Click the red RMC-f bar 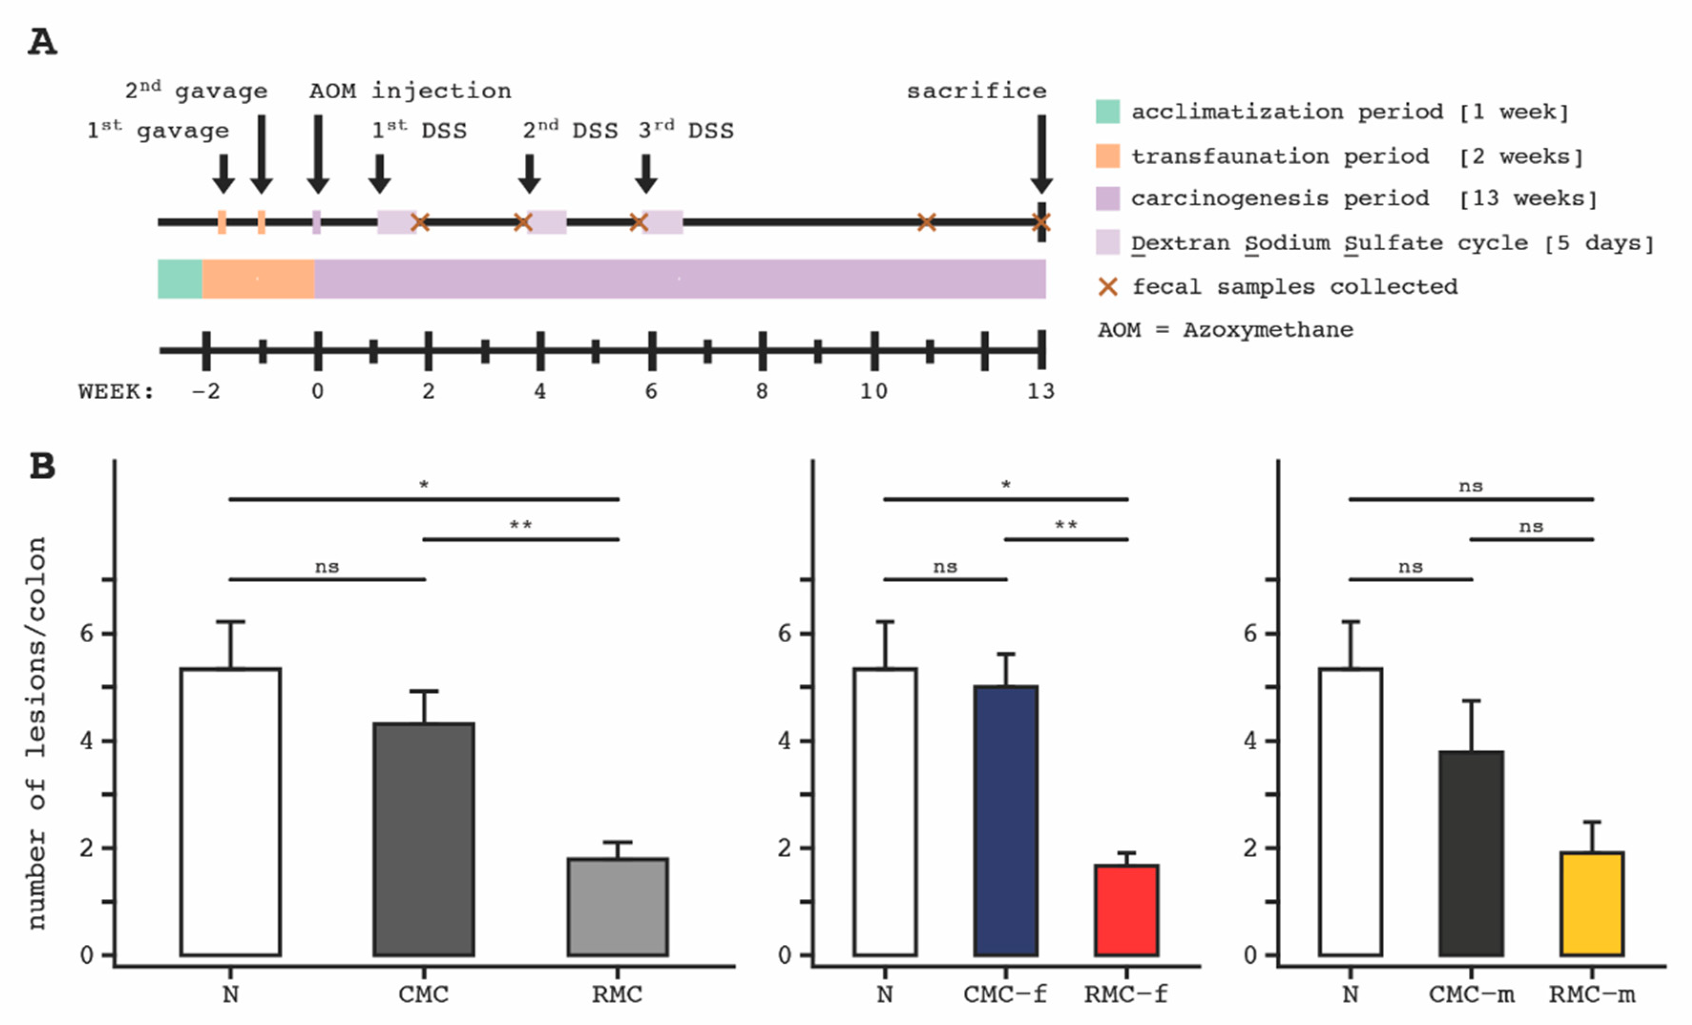[x=1126, y=910]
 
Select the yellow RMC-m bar [x=1592, y=903]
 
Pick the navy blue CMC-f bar [x=1005, y=820]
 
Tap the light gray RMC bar [x=617, y=906]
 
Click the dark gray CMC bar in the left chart [x=424, y=839]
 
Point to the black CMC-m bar [x=1471, y=853]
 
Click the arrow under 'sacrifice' [x=1041, y=155]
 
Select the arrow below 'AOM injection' [x=318, y=155]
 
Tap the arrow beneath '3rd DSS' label [x=646, y=174]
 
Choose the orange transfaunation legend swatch [x=1107, y=156]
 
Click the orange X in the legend [x=1107, y=286]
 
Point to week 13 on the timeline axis [x=1040, y=391]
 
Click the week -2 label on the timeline [x=206, y=391]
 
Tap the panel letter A [x=42, y=42]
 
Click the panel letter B [x=42, y=466]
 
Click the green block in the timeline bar [x=180, y=279]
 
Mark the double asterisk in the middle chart [x=1066, y=526]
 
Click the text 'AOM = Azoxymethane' [x=1225, y=330]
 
